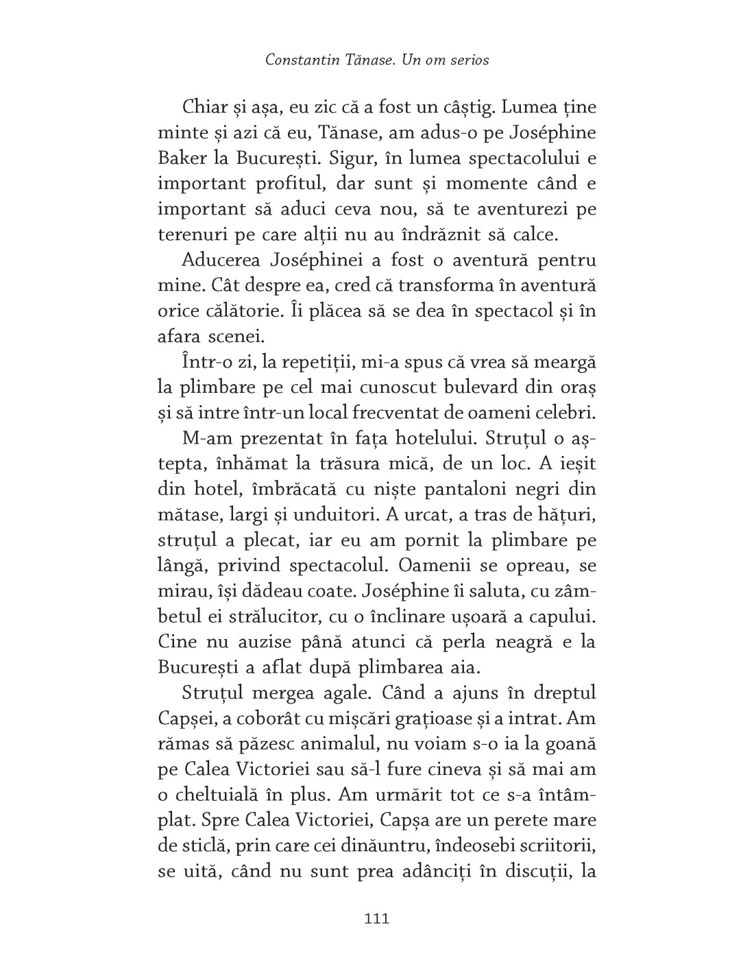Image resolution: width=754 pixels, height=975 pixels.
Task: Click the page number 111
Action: coord(376,918)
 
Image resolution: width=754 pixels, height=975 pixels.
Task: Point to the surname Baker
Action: coord(180,158)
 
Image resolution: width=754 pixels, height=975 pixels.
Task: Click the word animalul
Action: coord(332,744)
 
